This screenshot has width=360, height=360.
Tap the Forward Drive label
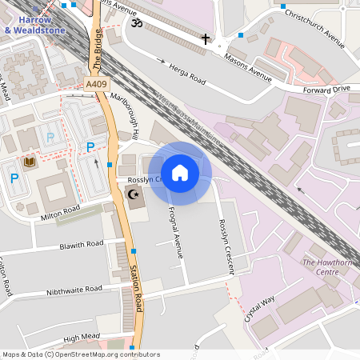(x=326, y=90)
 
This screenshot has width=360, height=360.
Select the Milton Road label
(x=61, y=210)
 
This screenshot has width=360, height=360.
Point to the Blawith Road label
(x=81, y=245)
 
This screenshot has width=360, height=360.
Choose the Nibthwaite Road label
(x=74, y=289)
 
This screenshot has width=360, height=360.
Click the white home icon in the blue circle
(x=180, y=173)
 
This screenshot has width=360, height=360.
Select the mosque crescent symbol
(x=134, y=194)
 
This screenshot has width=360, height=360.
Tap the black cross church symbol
(x=205, y=38)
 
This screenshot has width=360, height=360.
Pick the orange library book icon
(x=30, y=162)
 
